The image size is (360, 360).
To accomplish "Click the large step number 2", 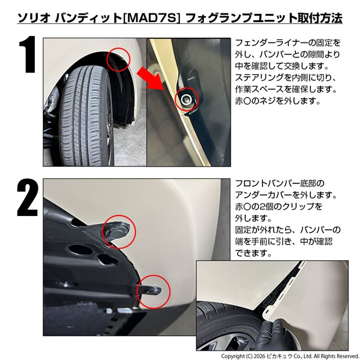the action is pos(27,197).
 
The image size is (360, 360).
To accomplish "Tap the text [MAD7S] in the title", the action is pos(152,18).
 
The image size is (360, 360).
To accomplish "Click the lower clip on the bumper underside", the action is pos(153,291).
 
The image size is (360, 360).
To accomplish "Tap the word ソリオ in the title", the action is pos(34,18).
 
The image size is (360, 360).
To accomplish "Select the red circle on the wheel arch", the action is pos(118,59).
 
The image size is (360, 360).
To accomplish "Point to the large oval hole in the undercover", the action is pos(80,250).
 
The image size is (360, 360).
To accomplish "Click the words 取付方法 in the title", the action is pos(316,18).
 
